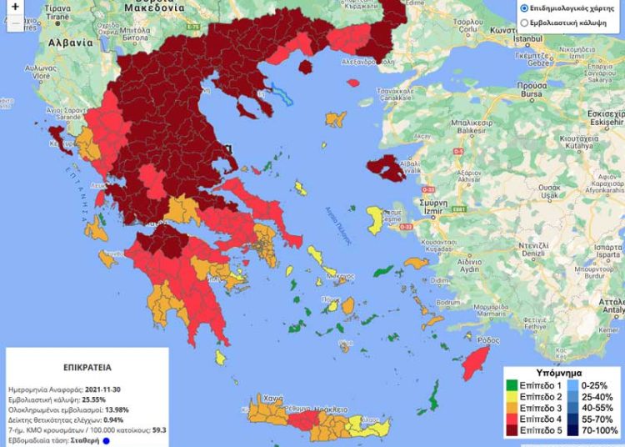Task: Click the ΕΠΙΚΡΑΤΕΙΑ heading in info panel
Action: click(86, 366)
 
